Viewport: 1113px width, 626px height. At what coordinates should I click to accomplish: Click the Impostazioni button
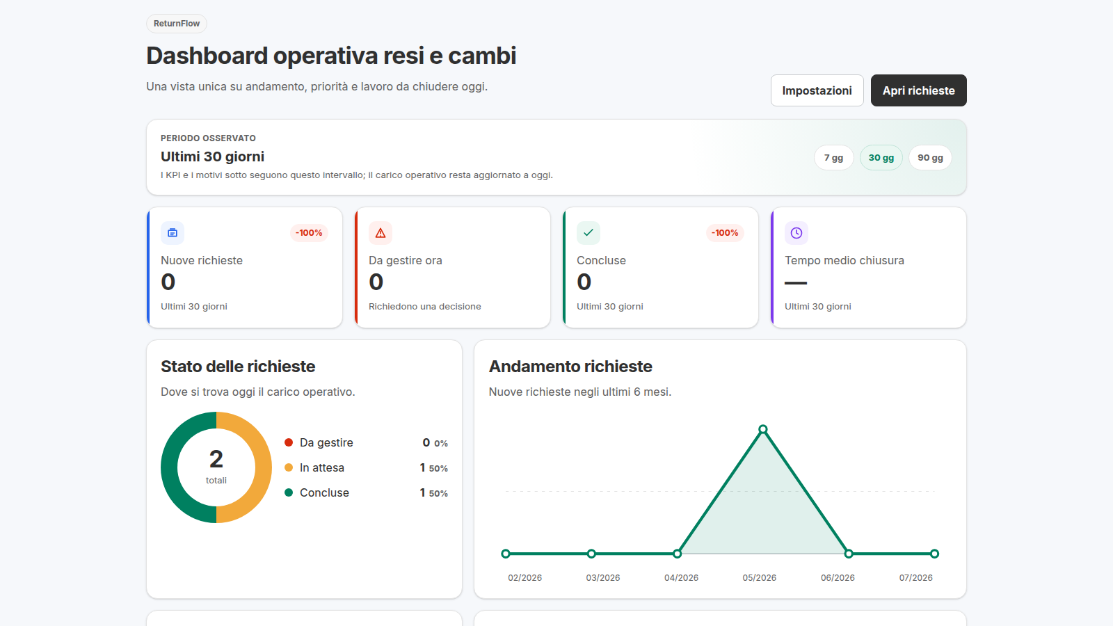(817, 90)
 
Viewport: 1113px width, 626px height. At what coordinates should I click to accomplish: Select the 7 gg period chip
(833, 157)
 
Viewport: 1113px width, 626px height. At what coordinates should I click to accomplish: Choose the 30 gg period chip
(881, 157)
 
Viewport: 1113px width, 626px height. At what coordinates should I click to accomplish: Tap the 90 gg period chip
(930, 157)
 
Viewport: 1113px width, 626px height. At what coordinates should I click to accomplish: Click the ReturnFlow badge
(177, 24)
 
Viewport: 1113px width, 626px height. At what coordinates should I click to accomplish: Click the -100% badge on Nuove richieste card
(309, 232)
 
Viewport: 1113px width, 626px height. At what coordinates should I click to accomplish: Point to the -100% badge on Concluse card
(724, 232)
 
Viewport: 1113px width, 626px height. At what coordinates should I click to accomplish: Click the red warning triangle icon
(380, 233)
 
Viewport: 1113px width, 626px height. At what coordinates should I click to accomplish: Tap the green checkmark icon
(588, 233)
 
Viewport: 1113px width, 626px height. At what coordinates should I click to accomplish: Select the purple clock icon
(796, 233)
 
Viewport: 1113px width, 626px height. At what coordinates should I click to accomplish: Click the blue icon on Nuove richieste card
(173, 233)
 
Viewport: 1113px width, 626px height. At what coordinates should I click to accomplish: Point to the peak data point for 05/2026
(762, 429)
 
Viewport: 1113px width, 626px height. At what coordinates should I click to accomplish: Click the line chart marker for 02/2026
(505, 554)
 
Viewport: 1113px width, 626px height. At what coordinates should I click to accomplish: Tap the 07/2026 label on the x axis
(915, 578)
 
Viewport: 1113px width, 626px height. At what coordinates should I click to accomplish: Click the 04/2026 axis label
(681, 578)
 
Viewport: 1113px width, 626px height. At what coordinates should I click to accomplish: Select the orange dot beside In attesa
(289, 467)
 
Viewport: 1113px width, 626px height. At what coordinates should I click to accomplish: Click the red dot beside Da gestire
(289, 442)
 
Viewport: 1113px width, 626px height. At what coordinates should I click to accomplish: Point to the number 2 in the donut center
(216, 459)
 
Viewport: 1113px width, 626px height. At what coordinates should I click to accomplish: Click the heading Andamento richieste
(570, 366)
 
